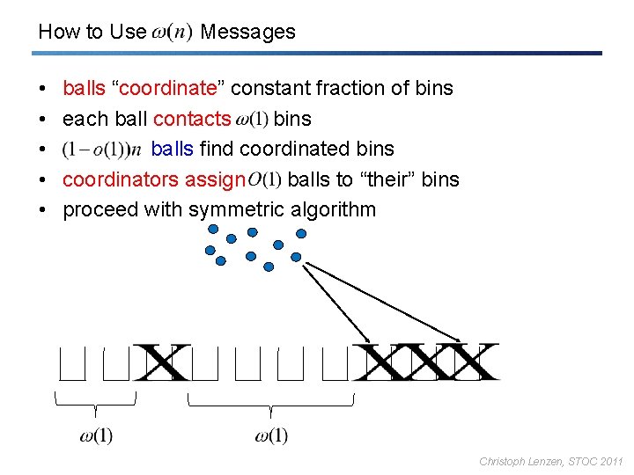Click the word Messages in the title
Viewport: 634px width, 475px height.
247,33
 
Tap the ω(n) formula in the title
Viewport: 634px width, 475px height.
173,33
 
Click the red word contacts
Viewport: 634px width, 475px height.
192,119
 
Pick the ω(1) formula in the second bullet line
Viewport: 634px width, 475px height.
253,119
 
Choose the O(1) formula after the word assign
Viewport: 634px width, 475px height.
265,179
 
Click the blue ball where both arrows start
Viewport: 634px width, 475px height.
296,258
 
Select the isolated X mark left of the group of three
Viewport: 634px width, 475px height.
162,362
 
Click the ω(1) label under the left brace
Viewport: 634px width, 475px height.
96,435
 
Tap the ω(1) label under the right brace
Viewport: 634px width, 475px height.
271,435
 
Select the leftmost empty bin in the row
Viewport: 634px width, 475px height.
72,364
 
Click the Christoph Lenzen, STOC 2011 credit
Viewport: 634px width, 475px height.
550,461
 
